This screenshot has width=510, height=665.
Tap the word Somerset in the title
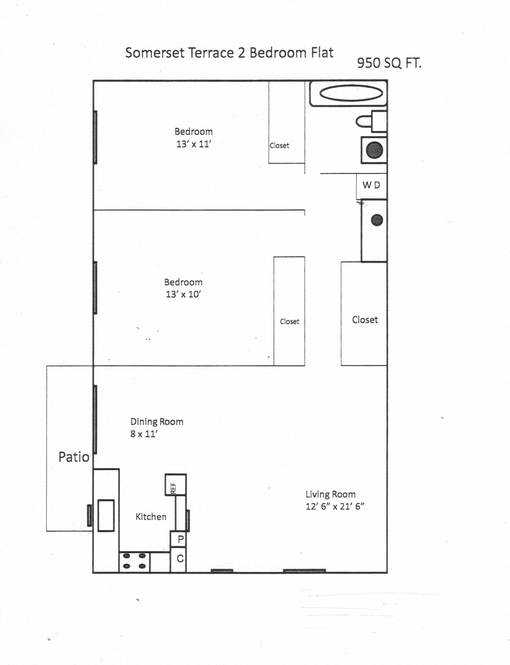click(x=155, y=53)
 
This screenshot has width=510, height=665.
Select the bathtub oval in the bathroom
click(x=351, y=93)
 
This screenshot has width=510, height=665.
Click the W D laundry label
click(x=371, y=185)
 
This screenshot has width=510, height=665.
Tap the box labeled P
click(x=178, y=539)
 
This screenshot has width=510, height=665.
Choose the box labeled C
click(x=178, y=559)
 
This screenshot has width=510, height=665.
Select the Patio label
click(x=74, y=457)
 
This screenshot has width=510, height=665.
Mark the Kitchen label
click(x=151, y=517)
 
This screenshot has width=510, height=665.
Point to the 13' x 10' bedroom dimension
click(x=183, y=294)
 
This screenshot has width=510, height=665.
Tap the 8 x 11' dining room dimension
click(x=144, y=434)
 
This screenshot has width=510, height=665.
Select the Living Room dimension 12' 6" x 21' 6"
click(x=335, y=506)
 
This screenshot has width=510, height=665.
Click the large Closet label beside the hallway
click(x=365, y=320)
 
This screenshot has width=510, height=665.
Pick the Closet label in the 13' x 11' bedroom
click(x=279, y=146)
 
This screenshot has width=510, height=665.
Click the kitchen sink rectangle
click(x=106, y=515)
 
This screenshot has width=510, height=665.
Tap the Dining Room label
click(x=157, y=422)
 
